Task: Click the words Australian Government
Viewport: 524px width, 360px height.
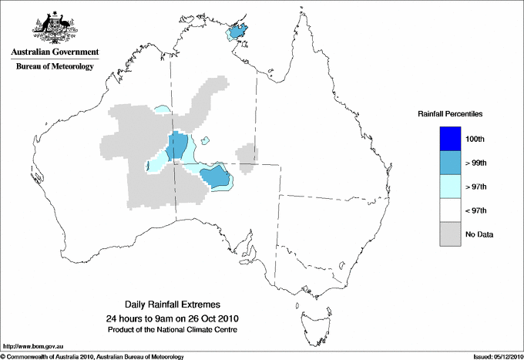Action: pos(54,52)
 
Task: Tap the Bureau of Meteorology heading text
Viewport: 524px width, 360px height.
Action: pos(54,67)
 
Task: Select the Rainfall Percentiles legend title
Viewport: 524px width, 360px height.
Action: pos(450,114)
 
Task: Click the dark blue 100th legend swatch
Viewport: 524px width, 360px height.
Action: pos(451,138)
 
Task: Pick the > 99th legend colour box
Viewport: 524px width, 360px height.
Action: pos(451,162)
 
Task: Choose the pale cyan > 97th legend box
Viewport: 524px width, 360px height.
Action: pos(451,186)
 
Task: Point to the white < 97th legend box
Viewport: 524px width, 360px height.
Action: pos(451,210)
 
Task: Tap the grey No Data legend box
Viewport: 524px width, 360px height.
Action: pos(451,234)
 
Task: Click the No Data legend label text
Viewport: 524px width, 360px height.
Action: pos(479,234)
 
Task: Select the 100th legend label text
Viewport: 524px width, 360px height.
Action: pos(475,139)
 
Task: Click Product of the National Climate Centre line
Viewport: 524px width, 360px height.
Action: pos(178,329)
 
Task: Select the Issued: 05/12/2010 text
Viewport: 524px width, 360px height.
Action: pos(495,355)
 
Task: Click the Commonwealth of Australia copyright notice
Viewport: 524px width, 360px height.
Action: pos(92,355)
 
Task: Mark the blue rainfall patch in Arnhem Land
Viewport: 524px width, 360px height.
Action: pos(241,32)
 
